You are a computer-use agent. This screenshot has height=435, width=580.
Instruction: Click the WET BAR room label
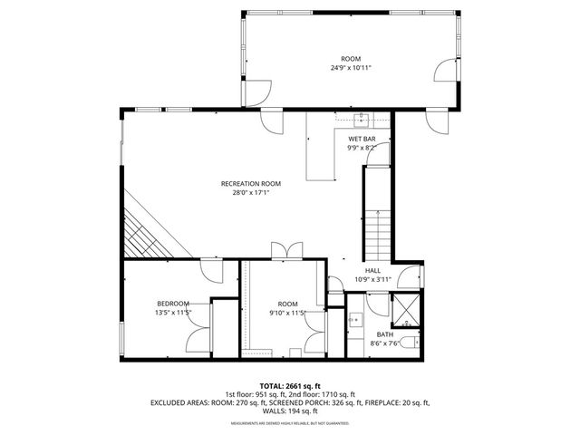361,139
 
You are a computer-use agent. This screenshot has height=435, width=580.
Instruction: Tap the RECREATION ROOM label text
245,183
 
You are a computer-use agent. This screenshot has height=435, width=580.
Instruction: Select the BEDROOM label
172,303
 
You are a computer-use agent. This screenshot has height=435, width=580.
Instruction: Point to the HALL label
372,270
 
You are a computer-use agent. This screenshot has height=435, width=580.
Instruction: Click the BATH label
385,334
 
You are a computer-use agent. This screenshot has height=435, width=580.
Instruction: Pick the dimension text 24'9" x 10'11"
350,67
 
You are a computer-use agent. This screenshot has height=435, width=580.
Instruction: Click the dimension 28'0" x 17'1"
245,192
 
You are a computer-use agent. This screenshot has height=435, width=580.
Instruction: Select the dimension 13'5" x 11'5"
172,312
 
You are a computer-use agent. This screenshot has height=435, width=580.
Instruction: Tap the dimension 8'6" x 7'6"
385,343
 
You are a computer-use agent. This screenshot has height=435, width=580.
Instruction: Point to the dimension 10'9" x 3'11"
372,279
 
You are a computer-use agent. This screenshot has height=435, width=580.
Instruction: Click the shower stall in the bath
404,310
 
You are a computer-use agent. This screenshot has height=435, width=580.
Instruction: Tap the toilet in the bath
410,342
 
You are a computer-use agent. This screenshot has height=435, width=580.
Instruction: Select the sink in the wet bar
362,117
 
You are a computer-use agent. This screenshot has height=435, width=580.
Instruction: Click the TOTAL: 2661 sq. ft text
289,385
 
